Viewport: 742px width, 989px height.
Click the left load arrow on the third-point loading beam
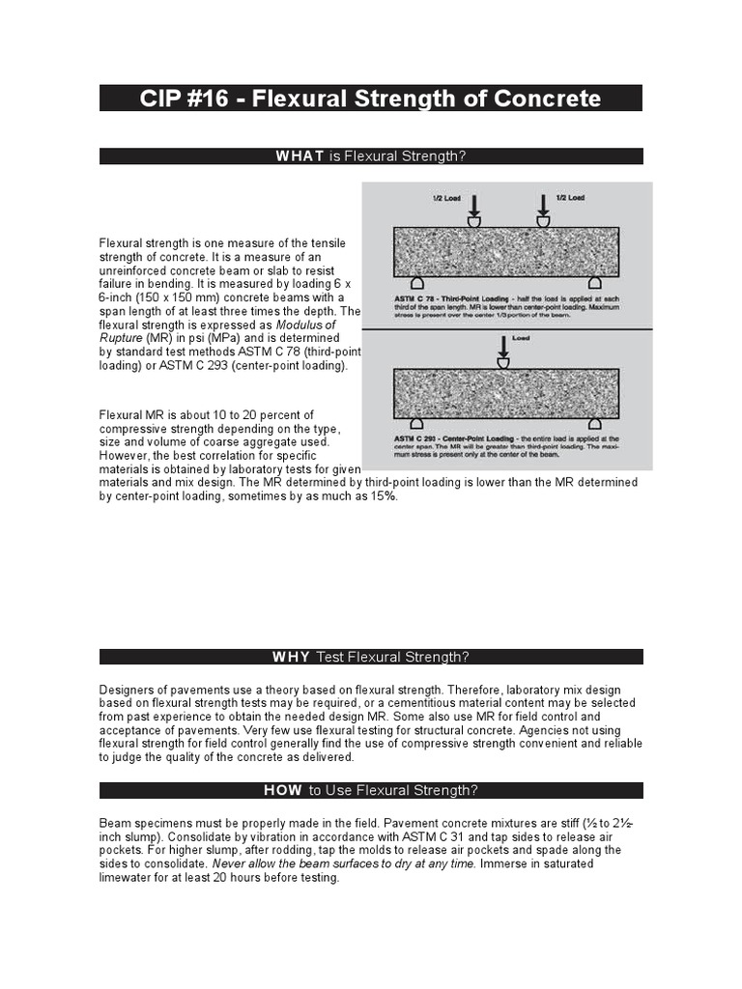tap(474, 206)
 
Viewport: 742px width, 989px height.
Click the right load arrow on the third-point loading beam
tap(544, 206)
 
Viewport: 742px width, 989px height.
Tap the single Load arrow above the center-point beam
tap(502, 346)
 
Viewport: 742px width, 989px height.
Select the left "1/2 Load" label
tap(445, 197)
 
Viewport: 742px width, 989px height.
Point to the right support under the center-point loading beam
tap(594, 422)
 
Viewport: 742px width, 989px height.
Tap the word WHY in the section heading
tap(292, 657)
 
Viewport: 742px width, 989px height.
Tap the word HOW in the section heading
tap(283, 790)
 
